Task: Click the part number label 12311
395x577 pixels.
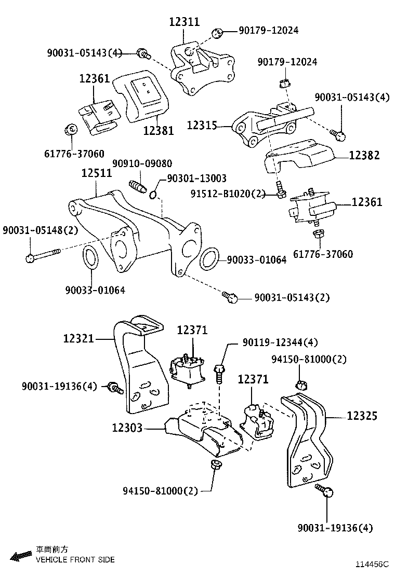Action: [x=184, y=22]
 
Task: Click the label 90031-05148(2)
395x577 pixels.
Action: [x=40, y=230]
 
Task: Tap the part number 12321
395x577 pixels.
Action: [x=78, y=338]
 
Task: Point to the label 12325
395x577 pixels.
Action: [x=362, y=416]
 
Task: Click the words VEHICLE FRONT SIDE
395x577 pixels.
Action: [x=75, y=560]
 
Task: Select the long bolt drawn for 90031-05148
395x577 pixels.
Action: [x=44, y=255]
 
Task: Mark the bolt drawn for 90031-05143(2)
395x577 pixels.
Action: [x=230, y=297]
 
